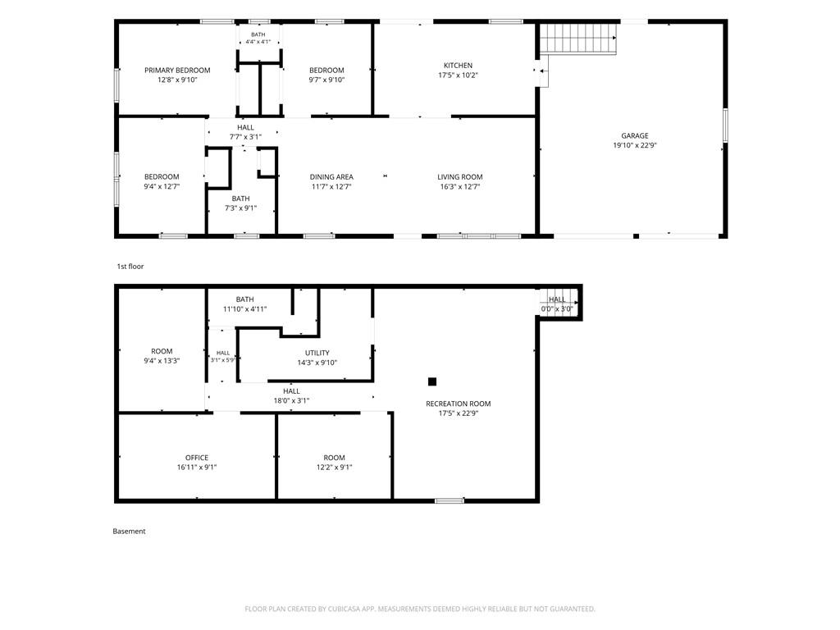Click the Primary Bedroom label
[x=177, y=71]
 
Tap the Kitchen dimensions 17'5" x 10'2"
[x=458, y=75]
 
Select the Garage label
[x=635, y=136]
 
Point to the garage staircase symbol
[x=578, y=39]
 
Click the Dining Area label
[x=331, y=177]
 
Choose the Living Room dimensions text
[x=459, y=187]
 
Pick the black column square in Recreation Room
[x=432, y=381]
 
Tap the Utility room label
[x=317, y=353]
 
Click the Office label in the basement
[x=197, y=458]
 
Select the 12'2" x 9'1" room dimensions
[x=335, y=467]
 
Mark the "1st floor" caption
[x=130, y=267]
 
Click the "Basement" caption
[x=129, y=532]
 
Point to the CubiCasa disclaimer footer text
[x=420, y=609]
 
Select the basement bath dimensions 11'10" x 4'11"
[x=244, y=309]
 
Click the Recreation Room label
[x=458, y=404]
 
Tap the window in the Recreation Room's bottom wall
[x=449, y=501]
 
